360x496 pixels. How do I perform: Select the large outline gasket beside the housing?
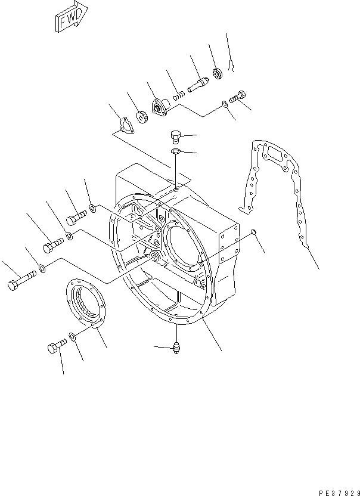pos(277,197)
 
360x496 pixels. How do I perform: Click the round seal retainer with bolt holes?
pos(85,305)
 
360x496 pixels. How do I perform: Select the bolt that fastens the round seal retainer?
pos(54,347)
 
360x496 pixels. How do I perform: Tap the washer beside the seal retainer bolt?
pos(72,338)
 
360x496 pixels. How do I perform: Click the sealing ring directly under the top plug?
pos(176,153)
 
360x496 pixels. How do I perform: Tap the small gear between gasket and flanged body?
pos(142,118)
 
